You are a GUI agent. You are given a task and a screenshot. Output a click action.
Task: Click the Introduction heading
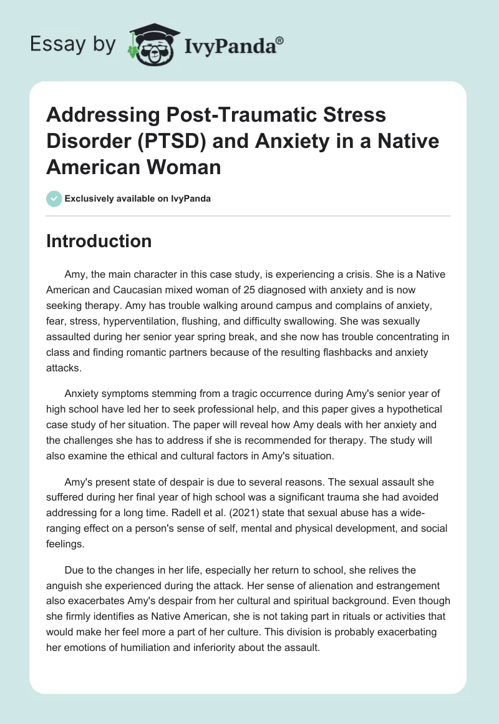pos(99,241)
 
